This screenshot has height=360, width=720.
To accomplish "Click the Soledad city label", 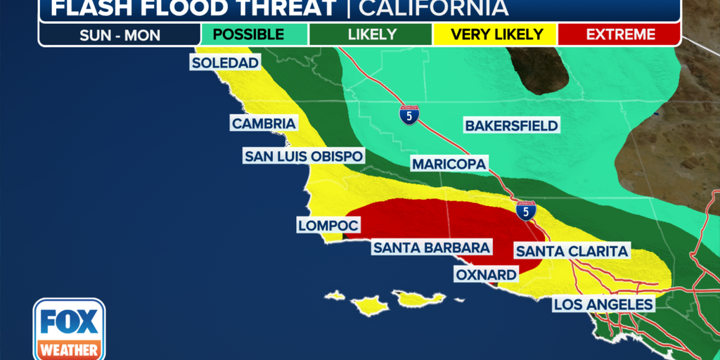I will [225, 63].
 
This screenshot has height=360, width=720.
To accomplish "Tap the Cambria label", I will [263, 124].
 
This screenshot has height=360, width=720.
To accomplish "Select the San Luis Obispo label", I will [304, 156].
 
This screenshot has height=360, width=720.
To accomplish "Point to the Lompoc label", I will [328, 226].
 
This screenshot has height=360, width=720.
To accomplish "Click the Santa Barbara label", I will [432, 247].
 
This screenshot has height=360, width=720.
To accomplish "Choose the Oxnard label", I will [485, 274].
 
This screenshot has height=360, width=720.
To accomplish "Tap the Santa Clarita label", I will [572, 251].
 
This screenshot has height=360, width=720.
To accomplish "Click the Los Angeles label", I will [603, 304].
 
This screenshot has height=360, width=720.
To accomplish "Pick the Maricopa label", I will [449, 164].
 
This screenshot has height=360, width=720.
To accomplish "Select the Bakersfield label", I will [511, 126].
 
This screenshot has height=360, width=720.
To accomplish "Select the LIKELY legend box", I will [371, 34].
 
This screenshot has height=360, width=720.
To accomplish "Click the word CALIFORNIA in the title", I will [433, 8].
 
